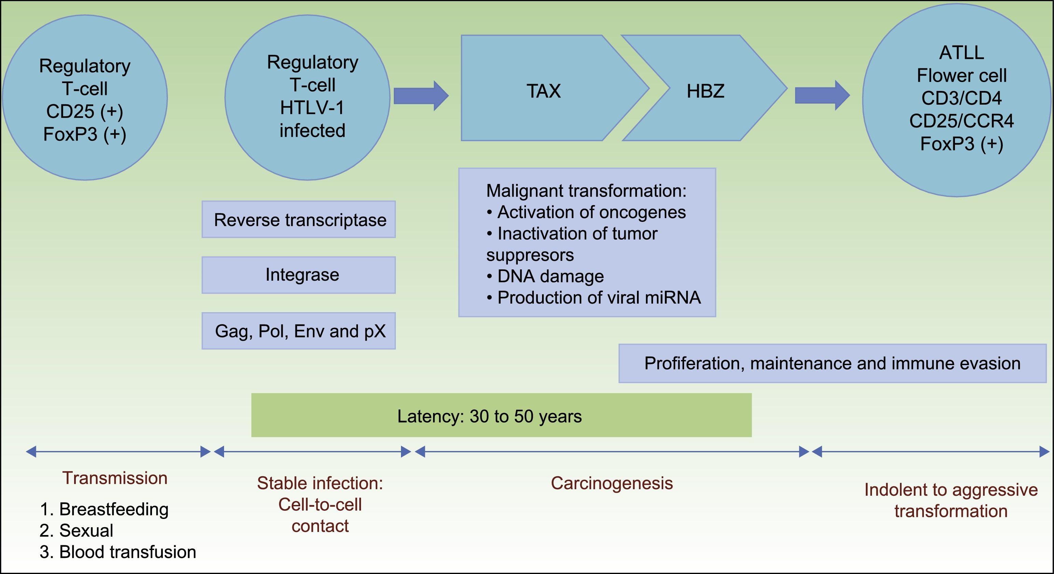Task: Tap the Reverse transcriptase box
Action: click(x=299, y=219)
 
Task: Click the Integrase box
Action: click(x=299, y=275)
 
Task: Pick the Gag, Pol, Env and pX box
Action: click(x=299, y=331)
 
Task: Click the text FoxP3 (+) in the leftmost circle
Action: click(x=85, y=134)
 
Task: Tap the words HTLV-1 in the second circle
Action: click(x=312, y=108)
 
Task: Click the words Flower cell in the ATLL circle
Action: click(x=961, y=75)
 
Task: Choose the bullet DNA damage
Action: click(x=550, y=276)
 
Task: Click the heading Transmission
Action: click(x=115, y=478)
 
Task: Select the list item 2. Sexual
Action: click(x=77, y=531)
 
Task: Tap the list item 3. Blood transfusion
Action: click(x=118, y=552)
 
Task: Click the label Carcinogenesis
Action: click(x=612, y=483)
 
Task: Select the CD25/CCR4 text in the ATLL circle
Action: click(x=961, y=121)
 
